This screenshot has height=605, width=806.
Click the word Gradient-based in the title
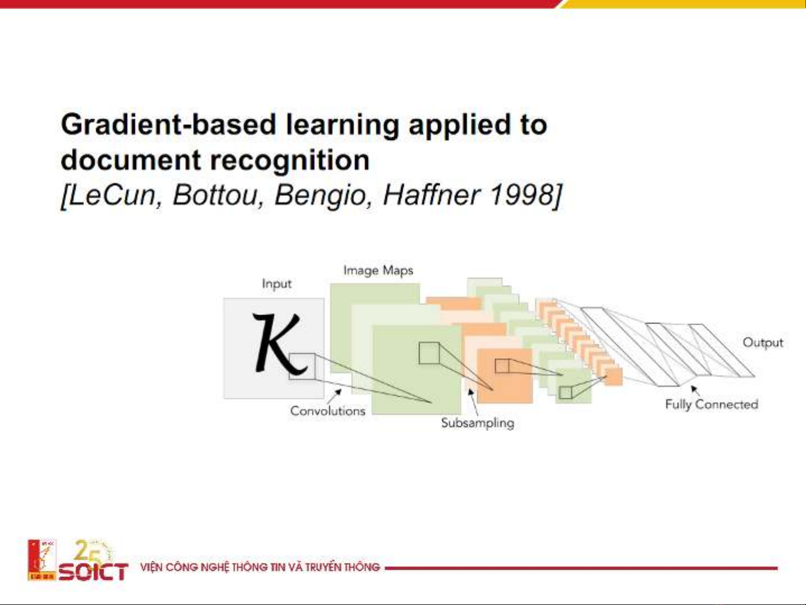point(168,125)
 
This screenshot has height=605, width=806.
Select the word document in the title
point(131,160)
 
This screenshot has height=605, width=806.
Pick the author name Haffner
point(432,195)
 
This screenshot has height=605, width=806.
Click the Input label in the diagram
point(276,284)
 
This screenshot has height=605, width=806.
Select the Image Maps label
point(378,271)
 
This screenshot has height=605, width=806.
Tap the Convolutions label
point(328,411)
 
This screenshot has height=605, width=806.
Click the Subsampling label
point(477,423)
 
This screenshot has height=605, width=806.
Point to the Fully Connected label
point(711,405)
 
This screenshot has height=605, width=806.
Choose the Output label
point(763,343)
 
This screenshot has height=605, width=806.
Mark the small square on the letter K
point(302,366)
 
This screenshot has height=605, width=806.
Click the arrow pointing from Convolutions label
point(334,397)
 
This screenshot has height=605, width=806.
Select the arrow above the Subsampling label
point(473,402)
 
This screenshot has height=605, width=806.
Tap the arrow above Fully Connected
point(695,391)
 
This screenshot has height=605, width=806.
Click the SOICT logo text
point(93,572)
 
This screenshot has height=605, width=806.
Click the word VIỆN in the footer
point(151,567)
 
